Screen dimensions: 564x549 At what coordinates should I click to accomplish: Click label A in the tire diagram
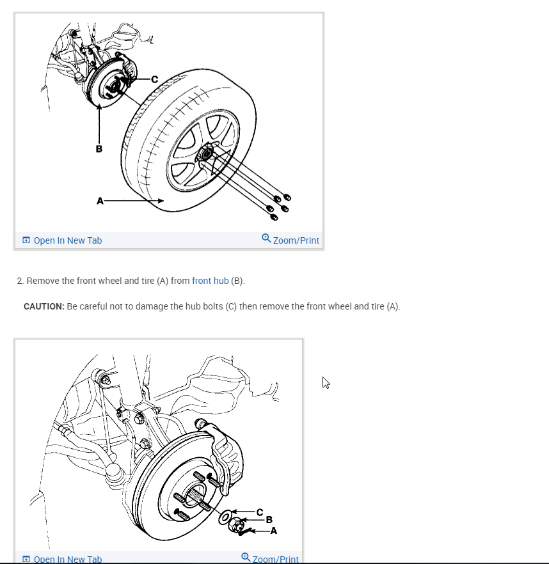tap(100, 201)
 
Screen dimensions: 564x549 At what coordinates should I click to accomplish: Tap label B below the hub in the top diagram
tap(99, 150)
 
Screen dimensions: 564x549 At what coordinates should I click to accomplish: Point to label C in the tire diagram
tap(154, 79)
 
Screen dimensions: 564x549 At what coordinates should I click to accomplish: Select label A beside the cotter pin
tap(274, 530)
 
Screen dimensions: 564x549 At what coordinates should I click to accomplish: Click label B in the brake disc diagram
tap(269, 521)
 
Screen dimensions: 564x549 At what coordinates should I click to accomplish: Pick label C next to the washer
tap(259, 512)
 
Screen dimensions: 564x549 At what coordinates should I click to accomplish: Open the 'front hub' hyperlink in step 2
tap(210, 281)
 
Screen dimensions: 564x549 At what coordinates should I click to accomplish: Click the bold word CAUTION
tap(44, 306)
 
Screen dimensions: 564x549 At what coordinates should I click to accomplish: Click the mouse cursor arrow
tap(326, 382)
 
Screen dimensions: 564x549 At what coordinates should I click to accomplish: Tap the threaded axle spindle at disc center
tap(193, 493)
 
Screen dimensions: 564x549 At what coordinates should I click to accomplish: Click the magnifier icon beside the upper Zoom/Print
tap(266, 239)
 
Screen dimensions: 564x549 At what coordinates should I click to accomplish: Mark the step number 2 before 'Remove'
tap(20, 281)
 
